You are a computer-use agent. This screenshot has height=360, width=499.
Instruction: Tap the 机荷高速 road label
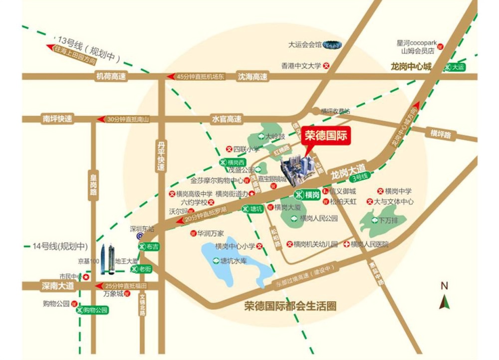tap(111, 76)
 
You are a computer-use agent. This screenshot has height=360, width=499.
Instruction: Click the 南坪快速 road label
tap(57, 119)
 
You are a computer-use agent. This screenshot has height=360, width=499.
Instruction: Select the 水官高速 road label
tap(227, 119)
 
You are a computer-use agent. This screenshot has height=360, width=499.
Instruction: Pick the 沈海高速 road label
tap(252, 76)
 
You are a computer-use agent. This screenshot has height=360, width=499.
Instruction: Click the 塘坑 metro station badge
tap(252, 209)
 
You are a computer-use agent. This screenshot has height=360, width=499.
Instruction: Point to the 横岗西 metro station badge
tap(232, 162)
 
